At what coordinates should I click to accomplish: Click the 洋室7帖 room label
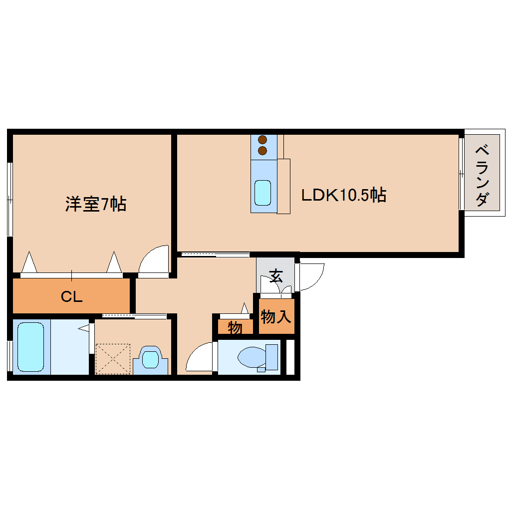click(x=95, y=204)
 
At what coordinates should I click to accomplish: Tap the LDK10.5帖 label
click(x=343, y=195)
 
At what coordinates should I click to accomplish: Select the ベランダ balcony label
click(x=482, y=175)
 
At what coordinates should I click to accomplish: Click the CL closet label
click(x=71, y=297)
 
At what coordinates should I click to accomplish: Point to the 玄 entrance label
click(x=275, y=275)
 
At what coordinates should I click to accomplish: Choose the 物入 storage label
click(x=276, y=316)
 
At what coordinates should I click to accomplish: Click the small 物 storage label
click(x=235, y=328)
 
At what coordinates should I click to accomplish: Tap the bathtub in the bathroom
click(x=30, y=347)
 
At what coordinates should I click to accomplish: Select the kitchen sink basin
click(x=262, y=192)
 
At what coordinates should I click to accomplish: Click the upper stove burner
click(x=262, y=140)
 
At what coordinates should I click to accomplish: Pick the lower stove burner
click(x=262, y=150)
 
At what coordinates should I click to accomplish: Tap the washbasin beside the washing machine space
click(x=150, y=358)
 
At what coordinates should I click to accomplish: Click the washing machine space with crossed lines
click(x=113, y=358)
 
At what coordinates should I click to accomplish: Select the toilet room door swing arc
click(x=200, y=357)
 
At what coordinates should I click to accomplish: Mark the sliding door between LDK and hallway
click(x=215, y=255)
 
